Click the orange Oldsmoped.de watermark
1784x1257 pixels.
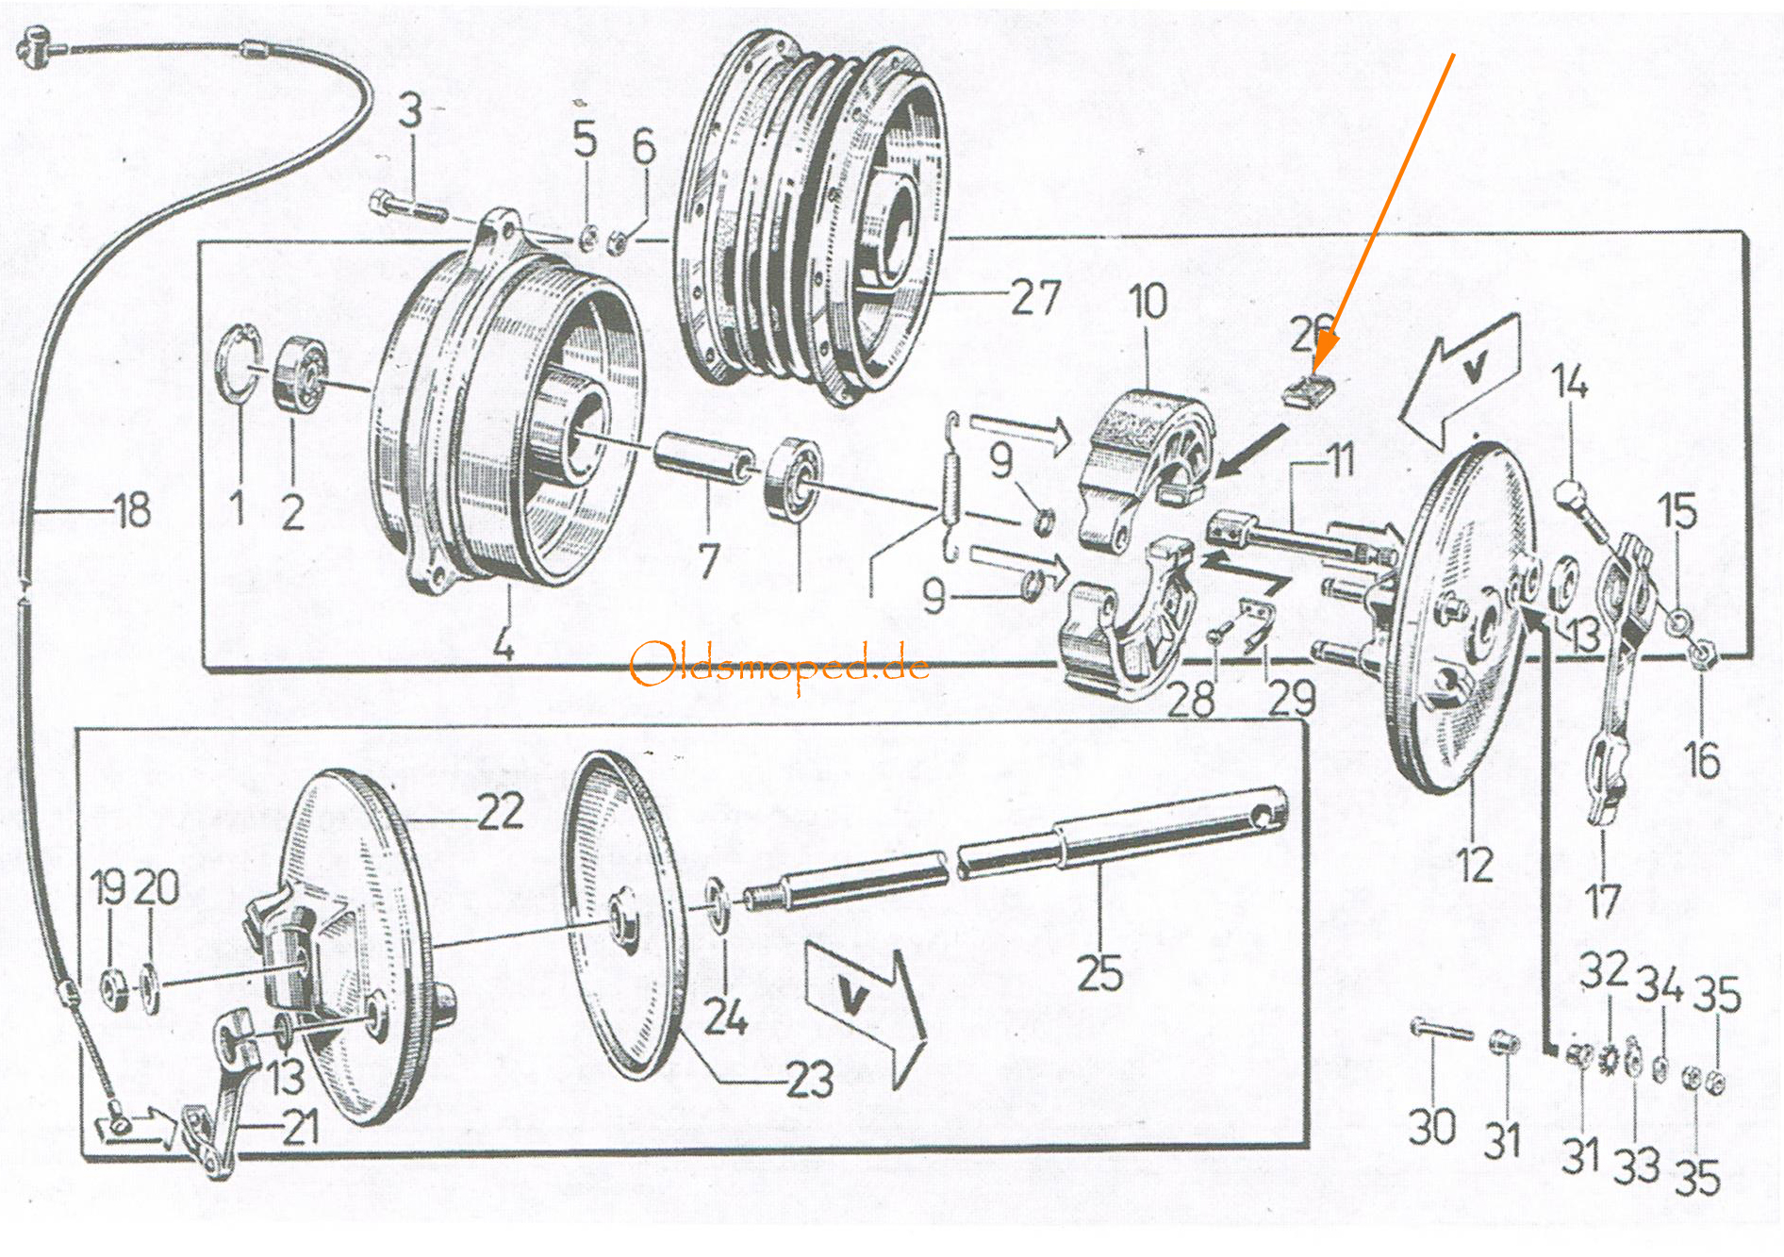click(779, 666)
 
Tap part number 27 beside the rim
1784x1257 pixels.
click(1036, 297)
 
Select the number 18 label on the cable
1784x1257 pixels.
click(132, 510)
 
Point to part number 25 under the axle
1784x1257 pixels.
click(1099, 973)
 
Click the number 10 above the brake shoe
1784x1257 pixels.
click(1148, 302)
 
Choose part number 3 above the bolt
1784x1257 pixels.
click(410, 110)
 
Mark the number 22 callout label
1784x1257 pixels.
click(500, 811)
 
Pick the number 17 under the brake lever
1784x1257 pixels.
click(1603, 901)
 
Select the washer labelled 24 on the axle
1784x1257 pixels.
click(718, 905)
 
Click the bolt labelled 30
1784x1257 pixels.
click(1441, 1031)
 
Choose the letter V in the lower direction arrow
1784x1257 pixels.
click(854, 997)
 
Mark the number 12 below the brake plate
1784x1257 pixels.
click(1474, 865)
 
